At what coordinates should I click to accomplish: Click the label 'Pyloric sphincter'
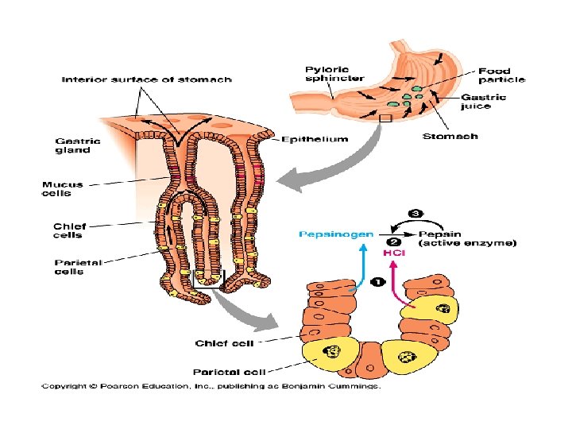pos(334,73)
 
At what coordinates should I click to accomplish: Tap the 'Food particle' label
pos(501,75)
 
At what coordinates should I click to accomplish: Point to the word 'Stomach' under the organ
pos(450,136)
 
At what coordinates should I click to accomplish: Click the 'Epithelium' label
pos(315,140)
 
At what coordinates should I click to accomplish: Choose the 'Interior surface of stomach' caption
pos(147,79)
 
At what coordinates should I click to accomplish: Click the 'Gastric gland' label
pos(72,145)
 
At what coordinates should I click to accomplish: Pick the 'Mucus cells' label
pos(63,188)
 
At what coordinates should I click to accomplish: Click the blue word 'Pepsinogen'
pos(335,234)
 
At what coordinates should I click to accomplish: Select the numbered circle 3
pos(415,214)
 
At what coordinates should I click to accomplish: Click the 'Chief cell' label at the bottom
pos(224,343)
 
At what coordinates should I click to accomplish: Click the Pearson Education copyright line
pos(211,387)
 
